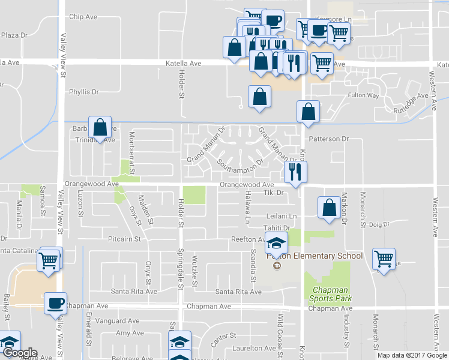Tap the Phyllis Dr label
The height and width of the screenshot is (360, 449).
(x=83, y=92)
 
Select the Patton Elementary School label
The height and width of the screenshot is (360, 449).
(x=315, y=256)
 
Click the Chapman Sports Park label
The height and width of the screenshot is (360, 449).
(x=330, y=293)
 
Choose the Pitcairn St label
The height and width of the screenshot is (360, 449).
(x=124, y=238)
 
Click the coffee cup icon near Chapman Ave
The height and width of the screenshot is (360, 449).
(x=56, y=304)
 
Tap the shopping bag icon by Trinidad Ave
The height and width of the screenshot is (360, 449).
(x=100, y=127)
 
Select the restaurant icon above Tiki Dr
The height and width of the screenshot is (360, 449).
(x=295, y=172)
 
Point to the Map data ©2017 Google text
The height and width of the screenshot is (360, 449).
(x=412, y=355)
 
